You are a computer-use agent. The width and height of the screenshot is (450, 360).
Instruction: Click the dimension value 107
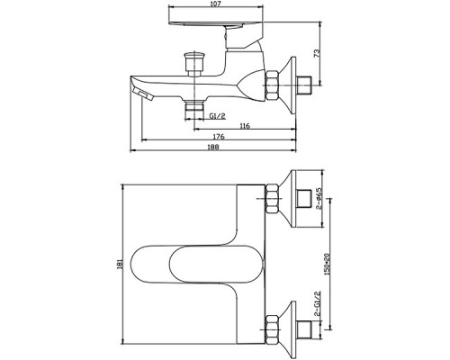(x=216, y=4)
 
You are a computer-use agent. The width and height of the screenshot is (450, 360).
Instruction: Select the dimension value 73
(x=317, y=53)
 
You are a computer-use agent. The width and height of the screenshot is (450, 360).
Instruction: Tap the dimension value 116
(x=245, y=126)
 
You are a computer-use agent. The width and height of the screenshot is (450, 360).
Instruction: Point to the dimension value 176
(x=219, y=137)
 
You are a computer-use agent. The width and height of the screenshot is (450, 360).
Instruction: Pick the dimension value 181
(x=121, y=264)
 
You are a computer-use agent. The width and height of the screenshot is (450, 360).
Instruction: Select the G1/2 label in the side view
(x=218, y=116)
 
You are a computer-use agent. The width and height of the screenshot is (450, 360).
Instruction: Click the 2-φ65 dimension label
(x=319, y=198)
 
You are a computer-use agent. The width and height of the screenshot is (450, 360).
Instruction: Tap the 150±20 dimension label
(x=327, y=265)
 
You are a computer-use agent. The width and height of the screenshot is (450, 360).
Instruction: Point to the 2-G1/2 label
(x=317, y=303)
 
